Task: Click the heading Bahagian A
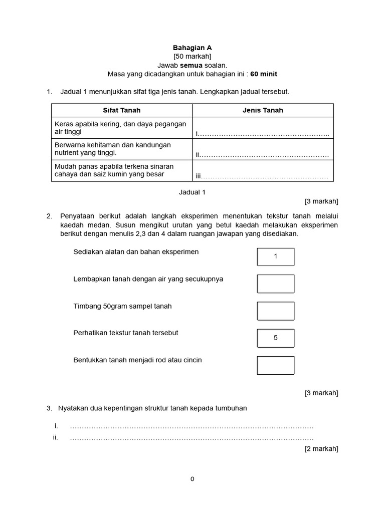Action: point(192,48)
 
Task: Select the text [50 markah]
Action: point(192,57)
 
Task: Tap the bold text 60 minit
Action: point(260,74)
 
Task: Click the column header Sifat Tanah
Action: point(122,110)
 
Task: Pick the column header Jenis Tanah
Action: point(263,110)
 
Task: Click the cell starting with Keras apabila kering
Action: point(122,128)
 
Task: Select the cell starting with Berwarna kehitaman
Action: point(122,149)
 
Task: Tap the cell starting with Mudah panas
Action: point(122,170)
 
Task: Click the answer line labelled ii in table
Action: point(263,155)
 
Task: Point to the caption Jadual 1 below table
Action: point(192,192)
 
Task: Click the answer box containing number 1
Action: point(275,256)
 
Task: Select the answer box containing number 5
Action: point(275,338)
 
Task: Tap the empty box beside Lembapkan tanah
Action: point(275,284)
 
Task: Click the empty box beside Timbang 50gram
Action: point(275,311)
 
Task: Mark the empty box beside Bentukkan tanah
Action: point(275,365)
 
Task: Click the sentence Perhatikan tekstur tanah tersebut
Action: point(126,333)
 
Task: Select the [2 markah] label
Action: point(321,449)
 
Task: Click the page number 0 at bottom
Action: point(192,479)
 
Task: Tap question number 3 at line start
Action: point(49,408)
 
